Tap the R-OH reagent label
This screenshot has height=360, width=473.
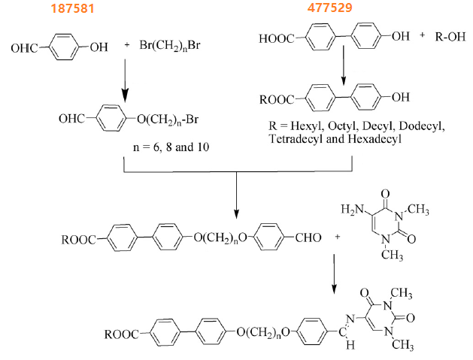[x=450, y=36]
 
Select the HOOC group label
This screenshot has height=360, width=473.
[x=276, y=38]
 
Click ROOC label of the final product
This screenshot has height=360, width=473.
[x=123, y=330]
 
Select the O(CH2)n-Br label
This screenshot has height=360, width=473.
[x=170, y=118]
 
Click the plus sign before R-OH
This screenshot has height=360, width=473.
[x=423, y=36]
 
